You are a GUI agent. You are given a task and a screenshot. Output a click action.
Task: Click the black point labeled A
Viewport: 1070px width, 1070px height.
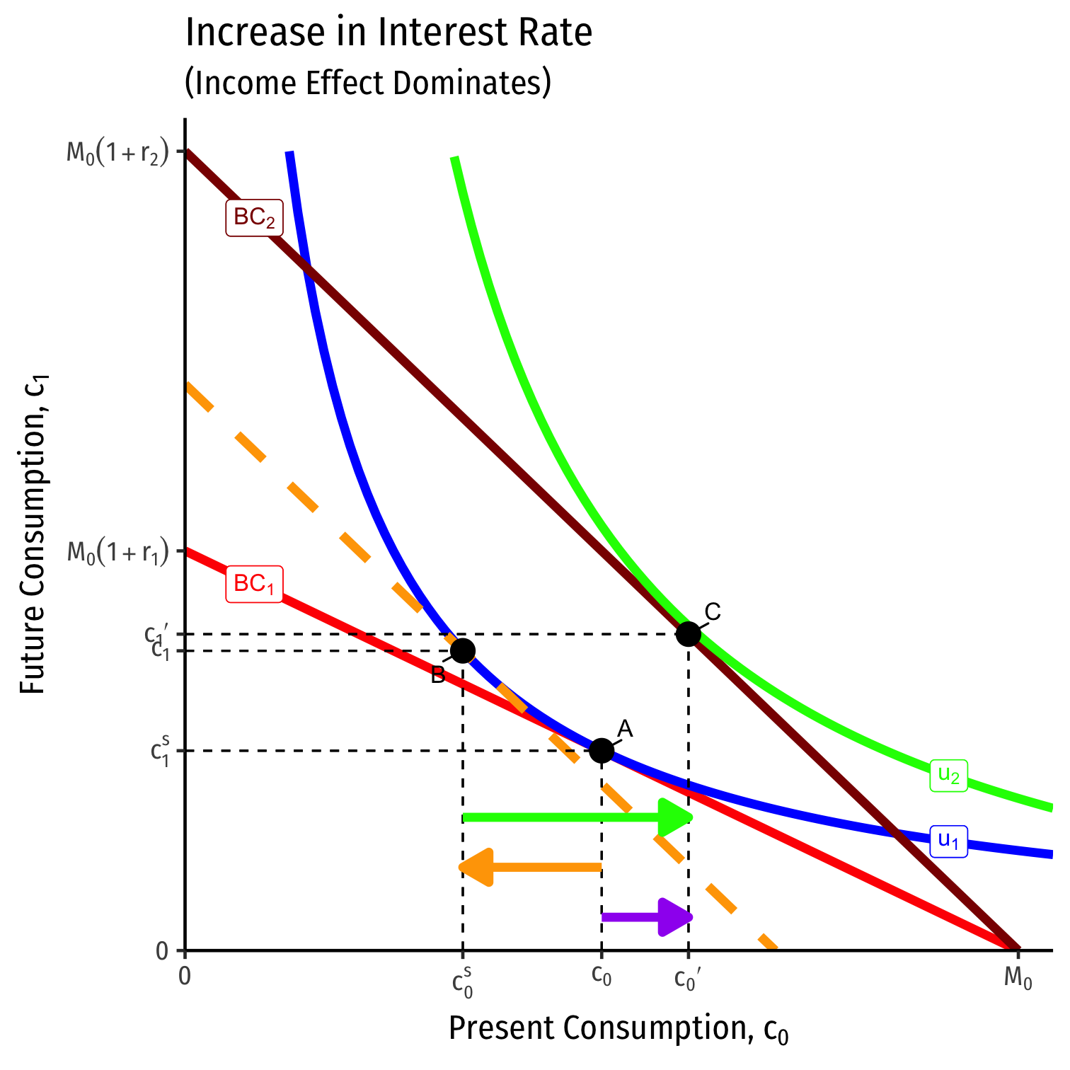pyautogui.click(x=602, y=750)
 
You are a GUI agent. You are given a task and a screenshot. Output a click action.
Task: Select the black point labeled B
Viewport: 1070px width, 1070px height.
pyautogui.click(x=462, y=650)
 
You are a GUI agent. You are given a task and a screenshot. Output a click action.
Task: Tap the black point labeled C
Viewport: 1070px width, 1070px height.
pyautogui.click(x=689, y=633)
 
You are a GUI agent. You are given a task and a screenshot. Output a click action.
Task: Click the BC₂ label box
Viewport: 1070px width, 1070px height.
pyautogui.click(x=254, y=218)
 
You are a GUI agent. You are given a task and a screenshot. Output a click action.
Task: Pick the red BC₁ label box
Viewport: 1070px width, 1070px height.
pyautogui.click(x=254, y=585)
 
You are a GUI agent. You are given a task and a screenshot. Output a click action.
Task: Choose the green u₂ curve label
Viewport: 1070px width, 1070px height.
pyautogui.click(x=948, y=775)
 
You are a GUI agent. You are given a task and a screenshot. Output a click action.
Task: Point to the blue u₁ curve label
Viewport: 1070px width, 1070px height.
pyautogui.click(x=948, y=841)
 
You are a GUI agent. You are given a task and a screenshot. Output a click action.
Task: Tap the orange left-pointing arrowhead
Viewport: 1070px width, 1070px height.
pyautogui.click(x=476, y=866)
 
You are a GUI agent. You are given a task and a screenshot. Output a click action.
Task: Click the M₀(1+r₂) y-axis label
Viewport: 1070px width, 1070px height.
pyautogui.click(x=118, y=153)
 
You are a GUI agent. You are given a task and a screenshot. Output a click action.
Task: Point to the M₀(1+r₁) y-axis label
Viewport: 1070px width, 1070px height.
pyautogui.click(x=118, y=552)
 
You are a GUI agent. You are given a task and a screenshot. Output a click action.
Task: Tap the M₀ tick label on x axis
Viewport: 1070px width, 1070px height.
pyautogui.click(x=1018, y=979)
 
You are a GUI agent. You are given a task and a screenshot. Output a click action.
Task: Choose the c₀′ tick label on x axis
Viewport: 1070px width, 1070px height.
pyautogui.click(x=688, y=979)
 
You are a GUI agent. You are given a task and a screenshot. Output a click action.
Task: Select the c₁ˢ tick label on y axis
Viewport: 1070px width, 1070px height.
pyautogui.click(x=161, y=751)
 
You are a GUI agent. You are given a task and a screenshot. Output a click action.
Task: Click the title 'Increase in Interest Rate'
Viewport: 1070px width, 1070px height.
pyautogui.click(x=389, y=33)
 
